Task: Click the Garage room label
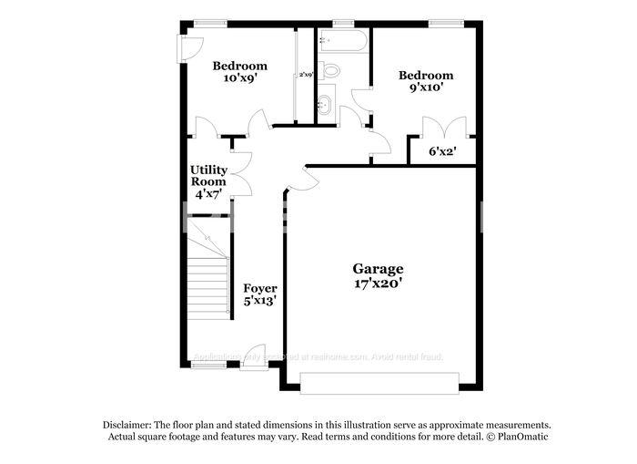click(x=378, y=268)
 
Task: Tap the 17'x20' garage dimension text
click(x=378, y=284)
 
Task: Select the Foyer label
click(x=259, y=288)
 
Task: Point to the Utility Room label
click(x=208, y=175)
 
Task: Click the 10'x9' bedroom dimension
click(x=239, y=79)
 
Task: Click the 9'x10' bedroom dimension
click(x=425, y=88)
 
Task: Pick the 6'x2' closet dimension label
click(x=442, y=150)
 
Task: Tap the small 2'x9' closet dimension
click(x=307, y=74)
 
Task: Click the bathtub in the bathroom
click(x=343, y=41)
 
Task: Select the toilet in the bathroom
click(x=331, y=69)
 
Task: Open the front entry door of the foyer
click(x=254, y=356)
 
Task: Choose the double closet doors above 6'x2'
click(x=442, y=127)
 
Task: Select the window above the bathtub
click(x=343, y=23)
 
